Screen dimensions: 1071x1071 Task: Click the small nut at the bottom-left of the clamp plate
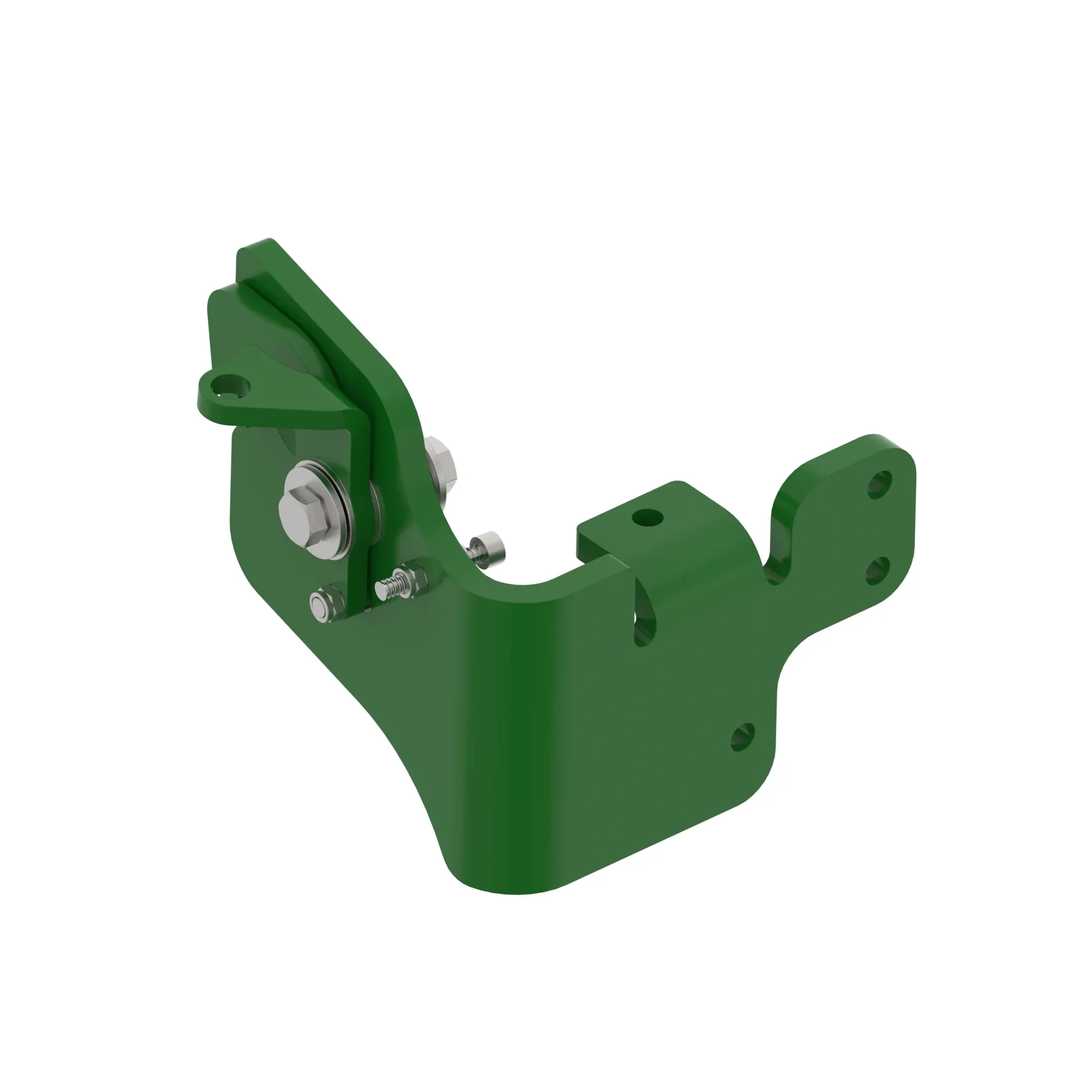pos(319,604)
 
